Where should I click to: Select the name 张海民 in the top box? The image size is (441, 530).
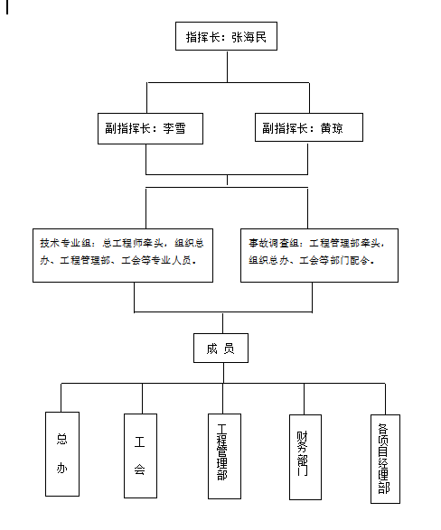[248, 38]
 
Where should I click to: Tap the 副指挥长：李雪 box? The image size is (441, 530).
[150, 128]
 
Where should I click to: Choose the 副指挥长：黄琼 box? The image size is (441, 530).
[309, 128]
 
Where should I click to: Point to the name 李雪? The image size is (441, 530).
[174, 128]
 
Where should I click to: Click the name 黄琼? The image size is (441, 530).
[332, 128]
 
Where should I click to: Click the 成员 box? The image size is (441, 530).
[220, 349]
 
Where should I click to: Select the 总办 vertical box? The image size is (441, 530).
[62, 454]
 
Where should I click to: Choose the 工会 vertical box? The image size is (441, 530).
[140, 454]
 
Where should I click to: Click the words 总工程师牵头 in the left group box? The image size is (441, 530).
[133, 243]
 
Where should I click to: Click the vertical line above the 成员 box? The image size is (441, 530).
[220, 323]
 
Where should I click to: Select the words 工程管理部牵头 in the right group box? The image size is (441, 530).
[346, 243]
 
